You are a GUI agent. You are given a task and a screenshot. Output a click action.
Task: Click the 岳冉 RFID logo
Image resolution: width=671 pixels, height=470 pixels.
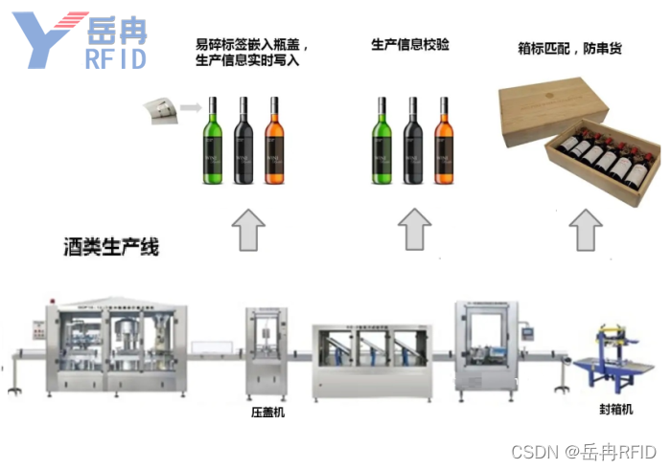point(81,41)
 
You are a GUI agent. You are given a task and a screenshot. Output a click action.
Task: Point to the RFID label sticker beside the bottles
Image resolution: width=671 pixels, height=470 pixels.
point(161,113)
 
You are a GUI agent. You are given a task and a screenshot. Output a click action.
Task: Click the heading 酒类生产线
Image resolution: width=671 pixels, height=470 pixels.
point(111,247)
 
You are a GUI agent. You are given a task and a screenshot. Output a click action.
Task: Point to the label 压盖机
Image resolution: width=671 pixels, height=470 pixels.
point(267,412)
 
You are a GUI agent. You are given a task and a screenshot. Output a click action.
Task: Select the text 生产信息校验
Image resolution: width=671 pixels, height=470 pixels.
point(409,44)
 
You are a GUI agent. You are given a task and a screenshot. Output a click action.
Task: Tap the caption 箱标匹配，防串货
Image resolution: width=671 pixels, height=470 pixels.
point(569,47)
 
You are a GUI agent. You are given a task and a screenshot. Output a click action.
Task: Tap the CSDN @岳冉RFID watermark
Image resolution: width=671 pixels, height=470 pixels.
point(584,451)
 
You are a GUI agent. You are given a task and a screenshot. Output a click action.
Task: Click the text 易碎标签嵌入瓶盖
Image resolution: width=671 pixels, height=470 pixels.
point(251,44)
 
